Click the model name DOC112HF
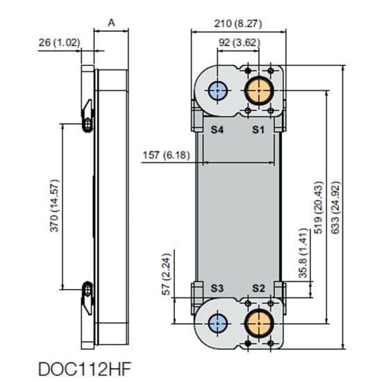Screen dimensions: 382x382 (x=85, y=369)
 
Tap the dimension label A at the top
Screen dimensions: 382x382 (x=111, y=23)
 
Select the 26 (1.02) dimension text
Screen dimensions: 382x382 (x=59, y=42)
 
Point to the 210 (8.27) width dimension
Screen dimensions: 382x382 (x=238, y=24)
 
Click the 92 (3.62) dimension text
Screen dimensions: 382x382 (x=239, y=42)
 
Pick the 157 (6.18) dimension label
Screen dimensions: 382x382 (x=166, y=155)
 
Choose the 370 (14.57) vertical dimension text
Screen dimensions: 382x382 (x=54, y=206)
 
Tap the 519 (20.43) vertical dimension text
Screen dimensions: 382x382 (x=318, y=208)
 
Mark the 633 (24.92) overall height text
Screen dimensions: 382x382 (x=335, y=208)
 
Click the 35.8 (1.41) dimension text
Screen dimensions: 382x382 (x=304, y=253)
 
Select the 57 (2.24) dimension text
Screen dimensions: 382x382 (x=167, y=274)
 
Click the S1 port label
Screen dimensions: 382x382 (x=258, y=130)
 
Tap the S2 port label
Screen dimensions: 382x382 (x=258, y=288)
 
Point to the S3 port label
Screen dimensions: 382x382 (x=217, y=288)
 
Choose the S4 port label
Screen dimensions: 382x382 (x=217, y=130)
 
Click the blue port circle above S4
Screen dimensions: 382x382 (x=218, y=90)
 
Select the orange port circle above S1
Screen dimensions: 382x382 (x=259, y=90)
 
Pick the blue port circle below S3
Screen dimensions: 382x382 (x=218, y=324)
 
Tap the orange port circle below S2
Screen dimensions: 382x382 (x=259, y=324)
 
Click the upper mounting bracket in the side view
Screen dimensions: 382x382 (x=88, y=117)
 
